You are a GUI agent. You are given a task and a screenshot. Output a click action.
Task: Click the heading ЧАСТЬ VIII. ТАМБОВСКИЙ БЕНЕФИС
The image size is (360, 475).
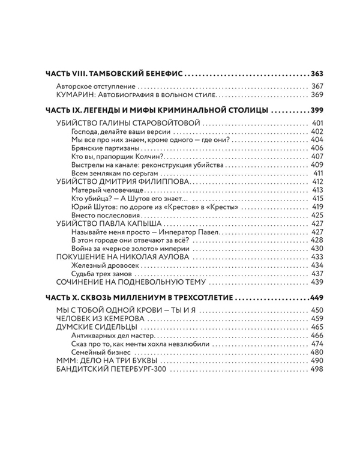point(114,74)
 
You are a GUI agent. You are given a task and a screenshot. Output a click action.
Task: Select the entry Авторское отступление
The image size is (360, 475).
point(91,86)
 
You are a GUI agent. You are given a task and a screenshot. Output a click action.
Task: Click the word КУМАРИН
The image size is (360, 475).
point(71,95)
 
